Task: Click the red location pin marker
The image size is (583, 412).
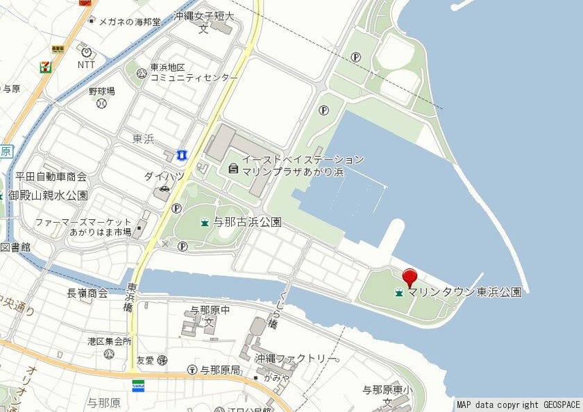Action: point(410,277)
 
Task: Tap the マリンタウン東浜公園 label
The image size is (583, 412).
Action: point(464,293)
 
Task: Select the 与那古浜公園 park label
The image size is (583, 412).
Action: point(247,223)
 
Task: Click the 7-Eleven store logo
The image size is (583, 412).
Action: point(45,67)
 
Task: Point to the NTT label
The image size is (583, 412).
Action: point(86,65)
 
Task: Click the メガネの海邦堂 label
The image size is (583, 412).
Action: point(130,22)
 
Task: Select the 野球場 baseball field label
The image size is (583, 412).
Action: point(101,92)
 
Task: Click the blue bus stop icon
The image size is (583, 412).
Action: point(182,153)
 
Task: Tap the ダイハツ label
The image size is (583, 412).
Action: point(164,176)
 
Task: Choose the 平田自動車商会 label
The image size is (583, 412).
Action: point(51,176)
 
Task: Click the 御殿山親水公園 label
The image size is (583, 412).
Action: point(48,196)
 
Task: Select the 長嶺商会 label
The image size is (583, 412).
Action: point(87,293)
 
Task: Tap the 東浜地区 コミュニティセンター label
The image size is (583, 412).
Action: point(194,73)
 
